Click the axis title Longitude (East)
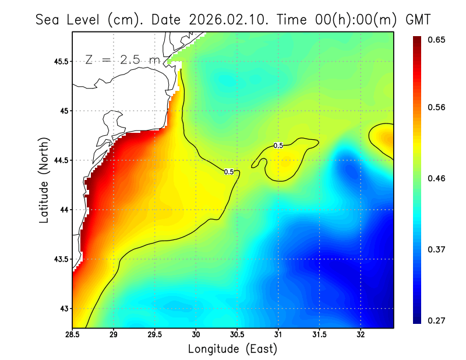(x=232, y=349)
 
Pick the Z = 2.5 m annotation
(x=122, y=60)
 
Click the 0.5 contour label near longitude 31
(x=278, y=146)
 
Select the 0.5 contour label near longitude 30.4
(x=229, y=172)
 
